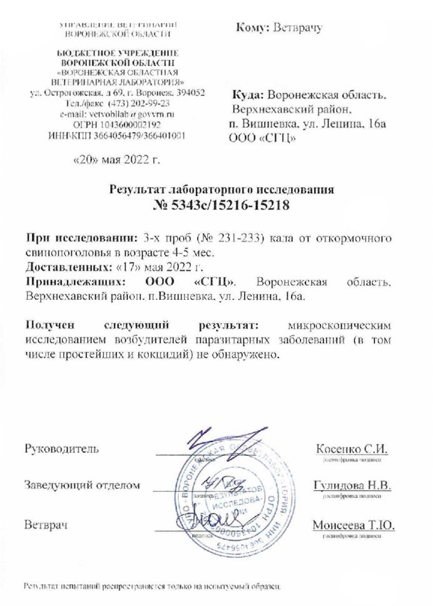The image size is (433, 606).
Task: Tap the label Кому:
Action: [253, 28]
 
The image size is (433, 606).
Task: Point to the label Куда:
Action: [248, 96]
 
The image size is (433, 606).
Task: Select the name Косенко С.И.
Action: [352, 448]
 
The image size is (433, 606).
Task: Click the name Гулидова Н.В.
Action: [352, 486]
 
